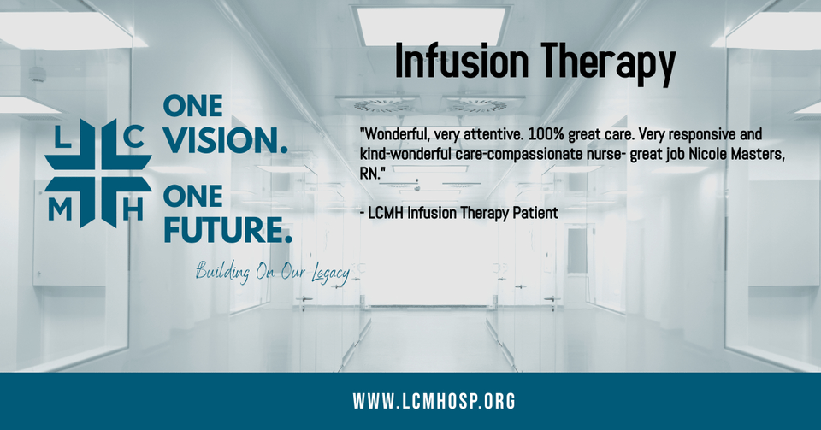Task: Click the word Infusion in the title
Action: pyautogui.click(x=461, y=61)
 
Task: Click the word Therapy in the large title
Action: pyautogui.click(x=607, y=64)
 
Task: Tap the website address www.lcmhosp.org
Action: pyautogui.click(x=434, y=401)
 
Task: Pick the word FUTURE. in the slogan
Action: pyautogui.click(x=227, y=230)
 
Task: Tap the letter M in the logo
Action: pyautogui.click(x=60, y=209)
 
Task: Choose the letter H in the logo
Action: pyautogui.click(x=133, y=209)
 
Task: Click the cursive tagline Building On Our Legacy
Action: pyautogui.click(x=272, y=272)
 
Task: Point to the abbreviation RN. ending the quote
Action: pyautogui.click(x=372, y=174)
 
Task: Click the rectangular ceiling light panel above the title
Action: pyautogui.click(x=430, y=25)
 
